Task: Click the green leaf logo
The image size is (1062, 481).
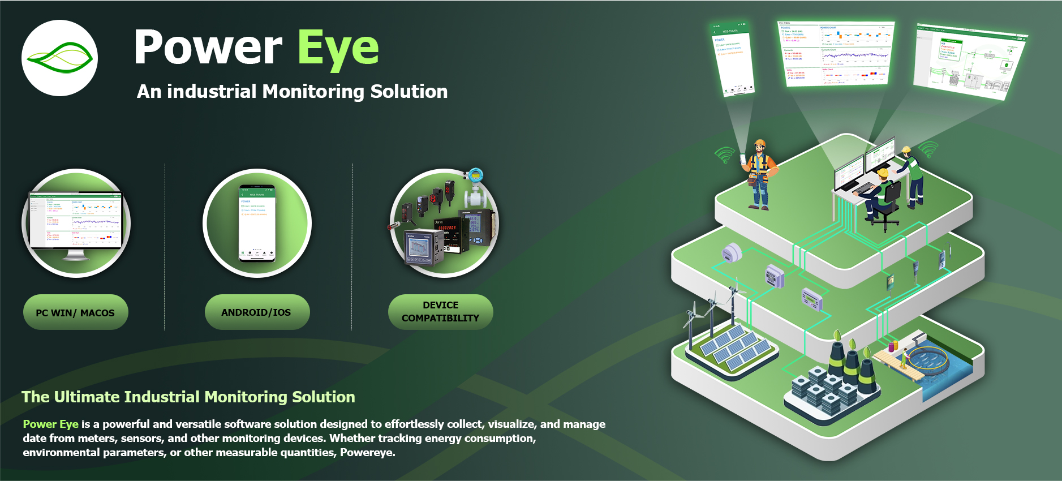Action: [59, 58]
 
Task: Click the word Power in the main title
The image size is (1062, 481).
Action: [208, 48]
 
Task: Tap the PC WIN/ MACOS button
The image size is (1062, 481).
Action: [75, 312]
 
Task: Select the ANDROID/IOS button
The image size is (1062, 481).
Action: [256, 312]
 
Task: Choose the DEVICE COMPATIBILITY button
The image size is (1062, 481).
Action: [440, 312]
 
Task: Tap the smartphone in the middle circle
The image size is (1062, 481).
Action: [257, 223]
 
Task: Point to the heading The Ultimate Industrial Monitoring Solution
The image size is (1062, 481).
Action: [188, 397]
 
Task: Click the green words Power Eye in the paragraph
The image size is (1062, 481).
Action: [50, 424]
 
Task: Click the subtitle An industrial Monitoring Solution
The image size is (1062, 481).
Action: [292, 91]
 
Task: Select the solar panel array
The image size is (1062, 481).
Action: [734, 346]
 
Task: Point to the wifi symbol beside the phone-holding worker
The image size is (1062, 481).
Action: [724, 154]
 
